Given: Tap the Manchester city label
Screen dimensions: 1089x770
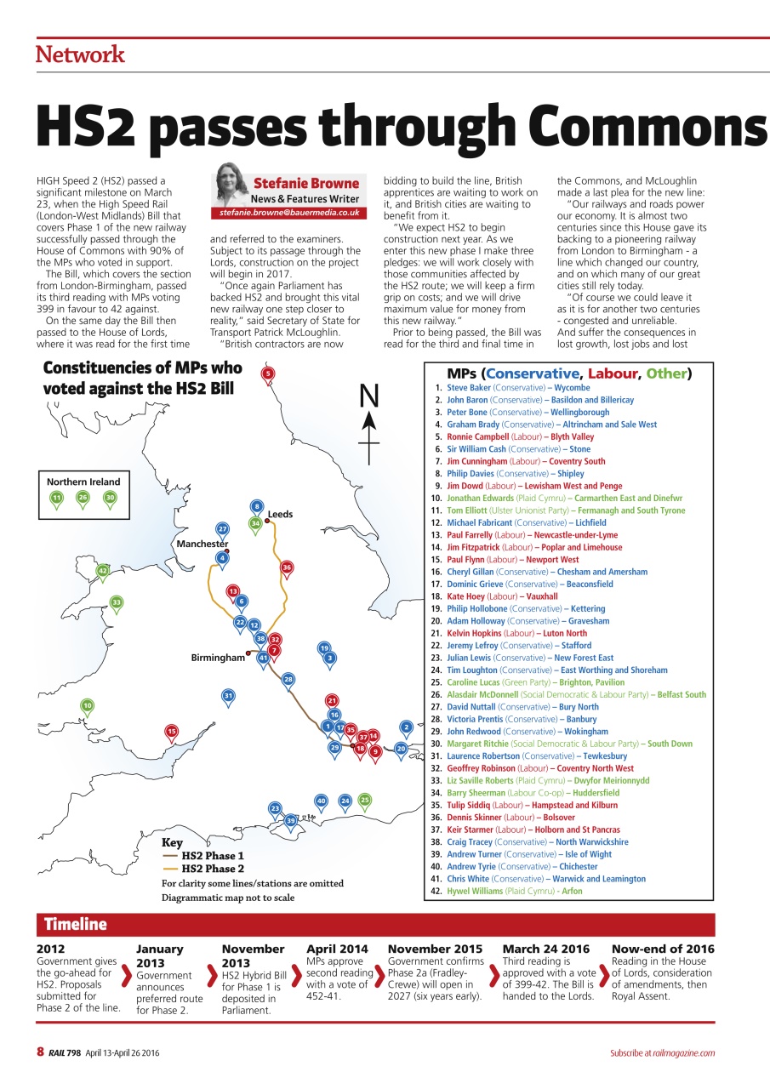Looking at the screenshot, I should [202, 544].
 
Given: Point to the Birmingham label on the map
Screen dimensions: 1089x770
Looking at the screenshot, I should [218, 658].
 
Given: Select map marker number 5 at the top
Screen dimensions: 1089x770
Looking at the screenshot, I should [267, 373].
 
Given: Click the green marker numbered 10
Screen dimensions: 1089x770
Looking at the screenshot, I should [87, 705].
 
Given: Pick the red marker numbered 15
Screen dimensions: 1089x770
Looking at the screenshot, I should [171, 731].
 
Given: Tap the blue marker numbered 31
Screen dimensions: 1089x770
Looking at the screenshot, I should [228, 696].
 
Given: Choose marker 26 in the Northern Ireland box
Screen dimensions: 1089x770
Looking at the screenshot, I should [83, 498].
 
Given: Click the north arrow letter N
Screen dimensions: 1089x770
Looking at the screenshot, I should [368, 396].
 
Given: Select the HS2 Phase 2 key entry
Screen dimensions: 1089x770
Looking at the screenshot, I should [213, 869].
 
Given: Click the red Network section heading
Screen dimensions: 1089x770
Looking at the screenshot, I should [80, 55].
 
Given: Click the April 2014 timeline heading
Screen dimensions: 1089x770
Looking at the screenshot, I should [337, 949].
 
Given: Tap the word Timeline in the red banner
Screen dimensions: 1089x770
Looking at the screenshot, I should [76, 925].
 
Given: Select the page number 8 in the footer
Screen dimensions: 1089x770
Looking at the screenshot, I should [40, 1052].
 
